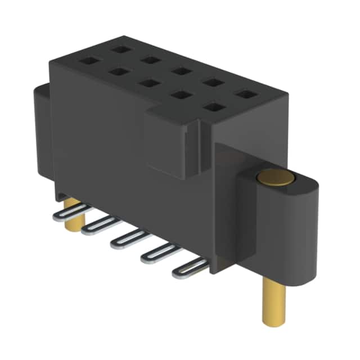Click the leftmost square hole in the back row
pos(119,49)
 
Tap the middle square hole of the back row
pos(181,71)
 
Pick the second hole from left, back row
pos(150,60)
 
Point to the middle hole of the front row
pos(148,83)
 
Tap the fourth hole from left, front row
pos(181,94)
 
